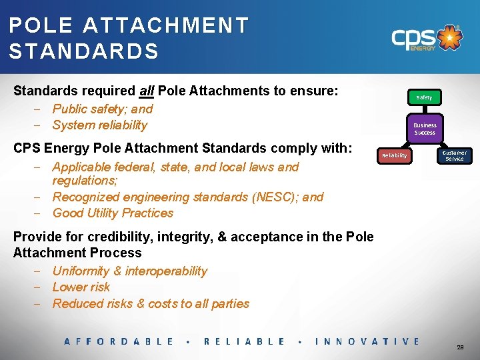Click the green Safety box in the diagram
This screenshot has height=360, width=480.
click(x=424, y=97)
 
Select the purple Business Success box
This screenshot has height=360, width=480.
click(x=425, y=129)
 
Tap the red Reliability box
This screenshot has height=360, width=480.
click(x=394, y=155)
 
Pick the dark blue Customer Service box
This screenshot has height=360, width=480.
click(x=455, y=155)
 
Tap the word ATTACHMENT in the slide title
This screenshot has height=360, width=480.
click(x=166, y=26)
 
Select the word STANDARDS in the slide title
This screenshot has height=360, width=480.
click(x=84, y=51)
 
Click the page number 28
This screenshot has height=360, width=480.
click(x=460, y=348)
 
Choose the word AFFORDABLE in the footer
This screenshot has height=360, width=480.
click(x=119, y=341)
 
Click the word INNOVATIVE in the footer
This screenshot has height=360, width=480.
click(x=367, y=341)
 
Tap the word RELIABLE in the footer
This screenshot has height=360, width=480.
click(x=244, y=341)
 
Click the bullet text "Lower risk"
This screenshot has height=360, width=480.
click(x=81, y=287)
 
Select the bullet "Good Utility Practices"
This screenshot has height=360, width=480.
click(x=113, y=213)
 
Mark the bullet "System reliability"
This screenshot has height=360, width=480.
click(x=99, y=125)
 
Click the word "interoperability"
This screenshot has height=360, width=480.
click(x=166, y=271)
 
